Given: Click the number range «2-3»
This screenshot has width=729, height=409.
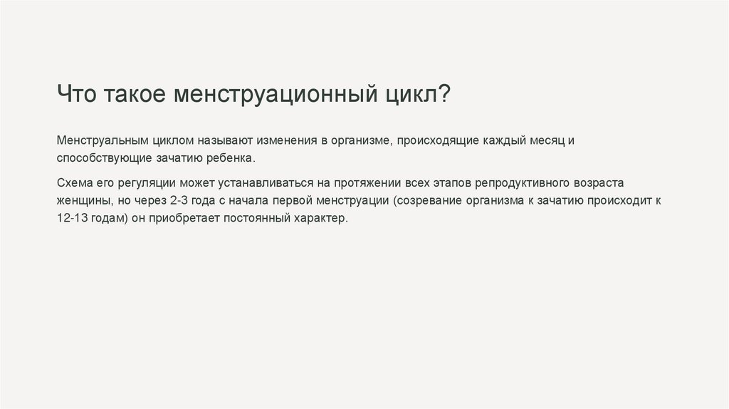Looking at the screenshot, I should point(180,200).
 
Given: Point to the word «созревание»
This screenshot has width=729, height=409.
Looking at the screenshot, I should point(427,200).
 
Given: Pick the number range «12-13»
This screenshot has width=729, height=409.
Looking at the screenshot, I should point(73,218).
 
